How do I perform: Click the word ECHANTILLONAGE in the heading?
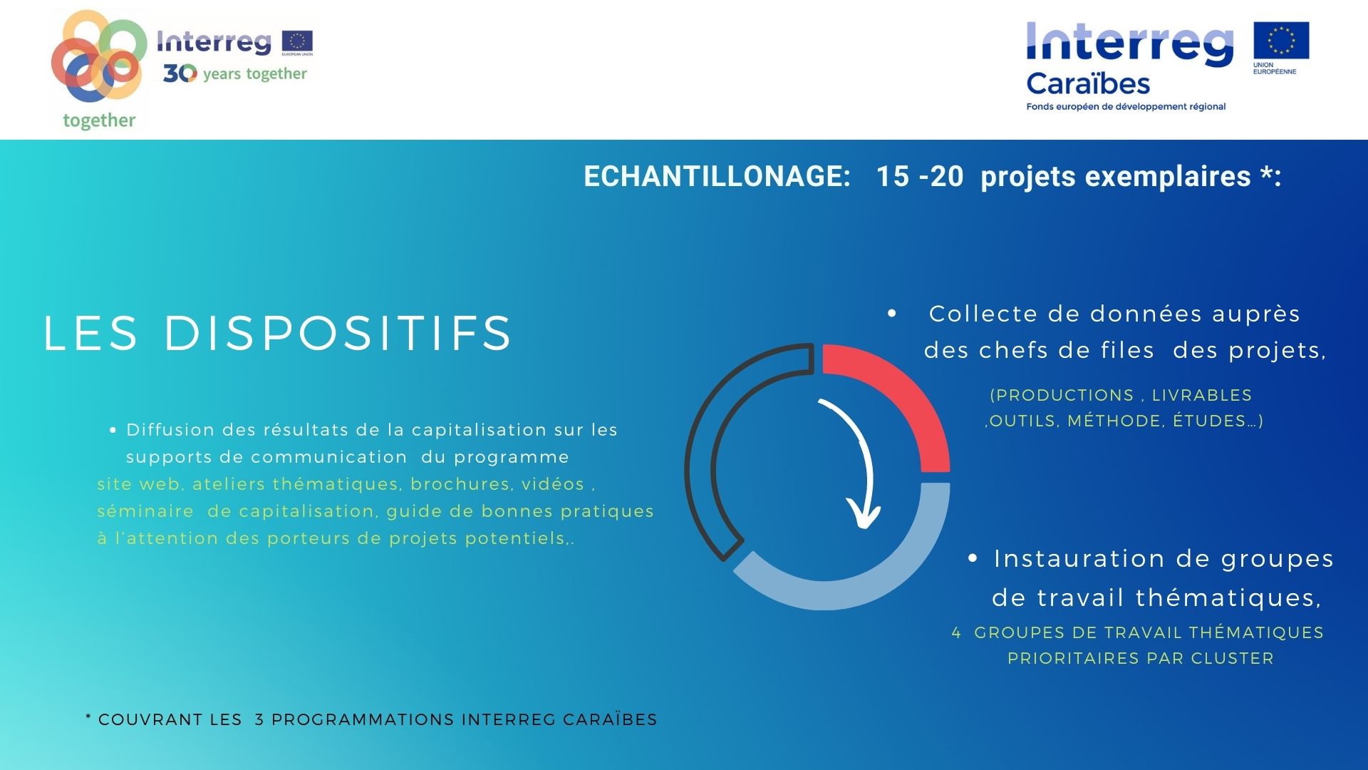point(717,176)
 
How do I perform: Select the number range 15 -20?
point(919,176)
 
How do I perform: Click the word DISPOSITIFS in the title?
point(338,333)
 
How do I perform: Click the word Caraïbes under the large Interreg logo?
point(1088,84)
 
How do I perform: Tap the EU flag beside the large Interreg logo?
point(1281,40)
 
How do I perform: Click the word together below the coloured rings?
point(99,120)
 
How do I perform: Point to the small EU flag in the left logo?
point(297,41)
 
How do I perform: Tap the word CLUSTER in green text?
point(1232,658)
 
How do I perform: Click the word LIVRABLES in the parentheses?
point(1202,395)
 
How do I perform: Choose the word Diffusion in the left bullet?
point(170,430)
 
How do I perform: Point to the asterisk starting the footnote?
point(88,717)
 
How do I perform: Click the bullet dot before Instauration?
point(973,558)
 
